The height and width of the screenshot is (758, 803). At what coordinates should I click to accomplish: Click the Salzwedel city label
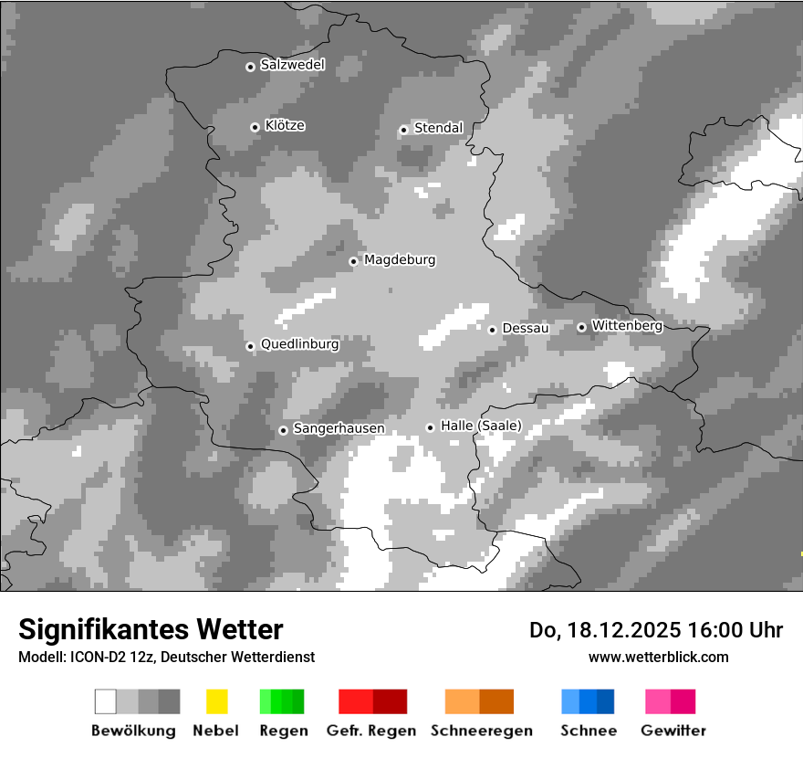point(292,65)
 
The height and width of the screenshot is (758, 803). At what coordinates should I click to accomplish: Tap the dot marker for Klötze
point(255,127)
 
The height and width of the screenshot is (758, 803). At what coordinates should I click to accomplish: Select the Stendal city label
point(438,128)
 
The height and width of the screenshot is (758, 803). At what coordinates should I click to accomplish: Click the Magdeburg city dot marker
point(353,261)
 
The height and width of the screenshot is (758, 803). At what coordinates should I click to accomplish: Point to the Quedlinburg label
point(299,344)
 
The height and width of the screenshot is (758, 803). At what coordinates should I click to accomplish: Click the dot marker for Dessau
point(492,329)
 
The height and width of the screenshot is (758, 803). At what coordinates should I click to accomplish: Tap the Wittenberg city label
point(627,325)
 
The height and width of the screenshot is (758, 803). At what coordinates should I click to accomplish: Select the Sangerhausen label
point(339,428)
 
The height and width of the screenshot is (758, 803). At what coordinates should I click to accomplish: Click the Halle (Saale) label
point(481,426)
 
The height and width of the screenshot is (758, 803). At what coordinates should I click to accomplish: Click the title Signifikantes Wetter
point(151,629)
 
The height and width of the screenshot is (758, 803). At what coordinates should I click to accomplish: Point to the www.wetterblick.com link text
point(658,657)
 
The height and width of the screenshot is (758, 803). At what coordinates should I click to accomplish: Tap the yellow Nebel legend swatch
point(216,701)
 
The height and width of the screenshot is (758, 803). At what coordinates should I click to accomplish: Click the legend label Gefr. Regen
point(370,731)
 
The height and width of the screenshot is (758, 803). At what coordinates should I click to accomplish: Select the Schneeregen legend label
point(481,731)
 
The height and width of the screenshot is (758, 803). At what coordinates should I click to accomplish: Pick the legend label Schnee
point(588,731)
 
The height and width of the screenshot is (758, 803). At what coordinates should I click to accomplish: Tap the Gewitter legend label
point(673,731)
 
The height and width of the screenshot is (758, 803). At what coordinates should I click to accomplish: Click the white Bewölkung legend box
point(106,701)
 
